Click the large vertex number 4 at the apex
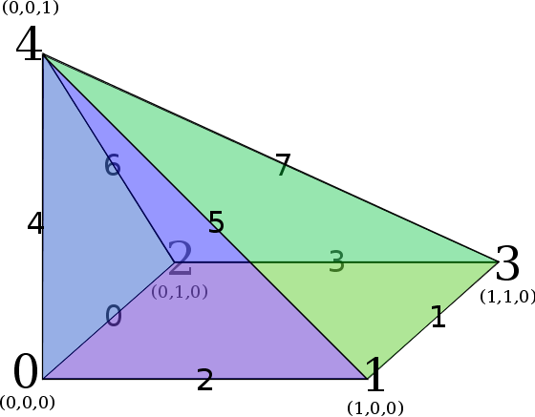[x=29, y=44]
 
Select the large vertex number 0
[x=26, y=371]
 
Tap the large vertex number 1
[x=375, y=374]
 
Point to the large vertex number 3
[x=507, y=263]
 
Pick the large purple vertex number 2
[x=180, y=258]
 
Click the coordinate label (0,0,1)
[x=31, y=9]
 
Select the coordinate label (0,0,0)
[x=28, y=403]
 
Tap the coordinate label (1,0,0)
[x=375, y=407]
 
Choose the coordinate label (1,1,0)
[x=507, y=297]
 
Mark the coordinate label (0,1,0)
[x=180, y=292]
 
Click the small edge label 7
[x=283, y=165]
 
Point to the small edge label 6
[x=113, y=165]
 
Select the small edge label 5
[x=216, y=221]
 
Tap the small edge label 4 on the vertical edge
[x=35, y=223]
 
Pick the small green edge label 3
[x=336, y=261]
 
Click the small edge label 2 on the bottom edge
[x=204, y=380]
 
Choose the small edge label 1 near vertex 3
[x=439, y=317]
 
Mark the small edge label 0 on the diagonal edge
[x=114, y=316]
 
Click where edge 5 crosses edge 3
[x=250, y=262]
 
